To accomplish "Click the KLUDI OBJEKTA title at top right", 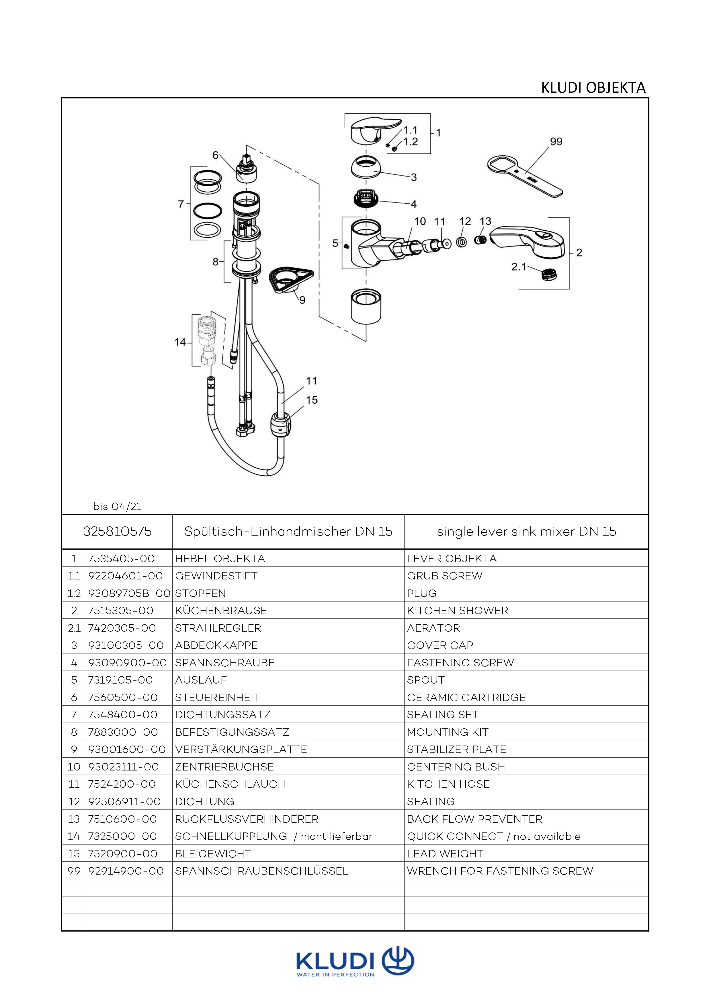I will tap(593, 88).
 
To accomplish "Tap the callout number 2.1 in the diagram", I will tap(519, 266).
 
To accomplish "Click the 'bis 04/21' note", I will tap(117, 507).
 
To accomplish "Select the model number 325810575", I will tap(117, 532).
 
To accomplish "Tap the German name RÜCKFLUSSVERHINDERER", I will tap(247, 819).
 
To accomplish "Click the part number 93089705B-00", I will tap(129, 593).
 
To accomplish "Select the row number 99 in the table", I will tap(74, 871).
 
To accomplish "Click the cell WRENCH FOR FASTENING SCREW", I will tap(499, 871).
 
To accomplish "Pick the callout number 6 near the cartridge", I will tap(215, 155).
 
